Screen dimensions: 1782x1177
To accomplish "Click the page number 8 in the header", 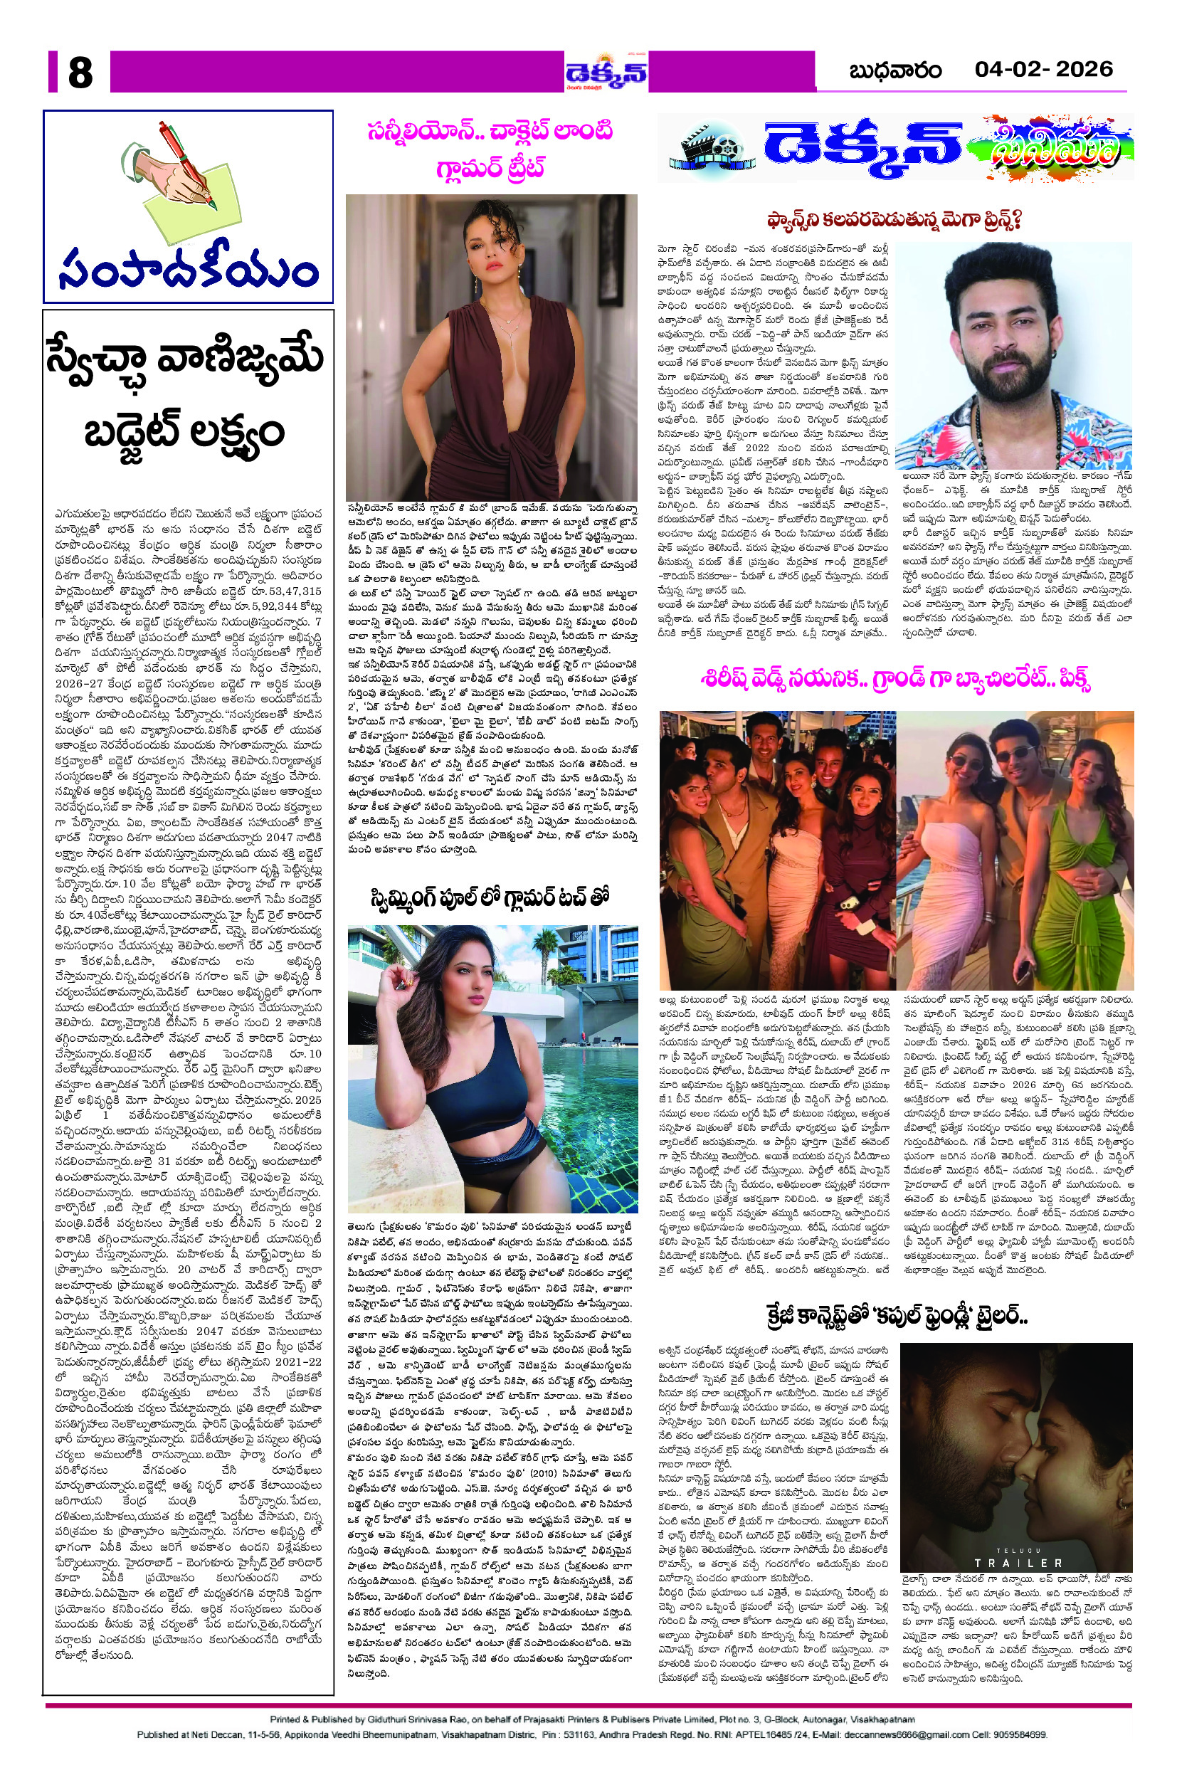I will pos(80,73).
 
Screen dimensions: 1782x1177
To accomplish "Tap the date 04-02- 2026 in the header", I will pos(1043,70).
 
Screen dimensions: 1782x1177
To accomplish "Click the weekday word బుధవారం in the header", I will pos(894,71).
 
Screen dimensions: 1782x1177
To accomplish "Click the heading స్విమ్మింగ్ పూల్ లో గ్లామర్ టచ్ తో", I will pos(489,897).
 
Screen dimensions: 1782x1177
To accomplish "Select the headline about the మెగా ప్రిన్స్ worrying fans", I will pos(894,221).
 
